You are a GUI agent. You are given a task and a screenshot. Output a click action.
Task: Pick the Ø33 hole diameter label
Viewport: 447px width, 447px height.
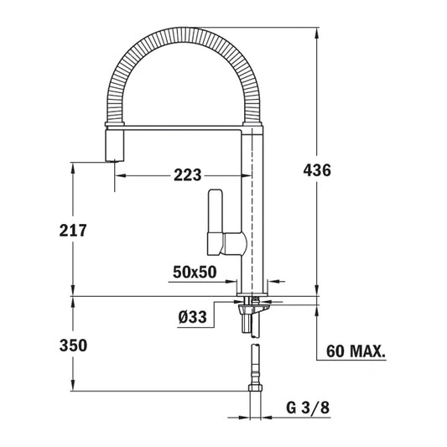194,317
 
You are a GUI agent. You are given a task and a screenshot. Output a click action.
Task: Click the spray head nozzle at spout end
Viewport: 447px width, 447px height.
112,147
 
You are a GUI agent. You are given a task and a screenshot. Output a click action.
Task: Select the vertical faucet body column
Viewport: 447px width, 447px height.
254,210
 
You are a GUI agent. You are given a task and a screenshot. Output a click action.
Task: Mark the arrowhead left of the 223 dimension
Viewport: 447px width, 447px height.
119,175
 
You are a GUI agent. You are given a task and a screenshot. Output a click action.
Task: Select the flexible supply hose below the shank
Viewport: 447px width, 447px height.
253,361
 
